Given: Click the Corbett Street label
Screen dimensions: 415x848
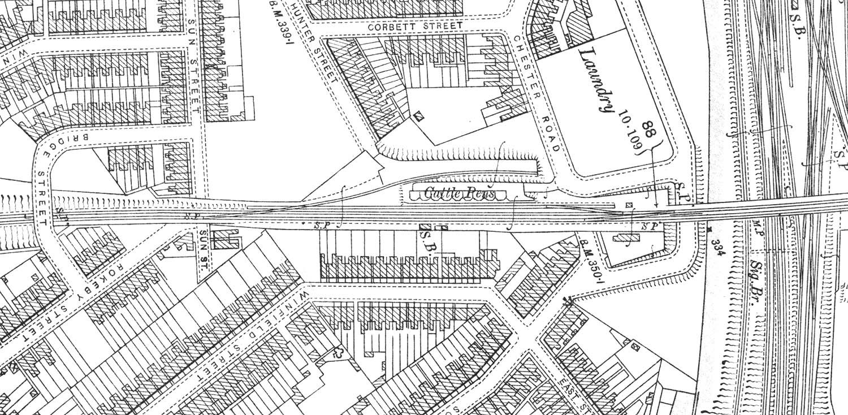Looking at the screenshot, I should (x=415, y=26).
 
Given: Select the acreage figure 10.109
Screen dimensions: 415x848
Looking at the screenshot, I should (x=632, y=131).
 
